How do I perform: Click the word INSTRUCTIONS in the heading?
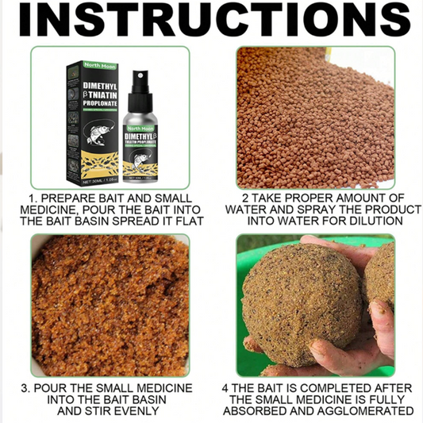pyautogui.click(x=211, y=21)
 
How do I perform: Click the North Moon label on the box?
pyautogui.click(x=83, y=67)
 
